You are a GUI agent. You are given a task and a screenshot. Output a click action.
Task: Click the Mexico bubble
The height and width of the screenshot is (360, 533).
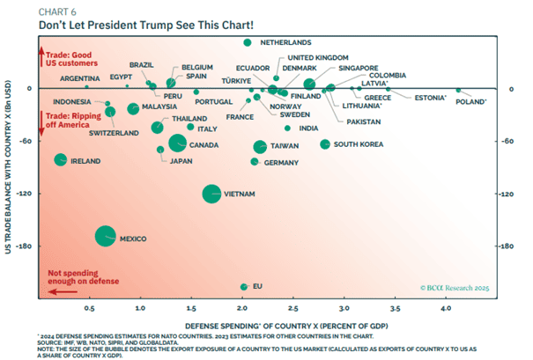(106, 236)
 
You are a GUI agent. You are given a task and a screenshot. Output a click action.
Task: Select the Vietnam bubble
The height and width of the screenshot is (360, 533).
(211, 194)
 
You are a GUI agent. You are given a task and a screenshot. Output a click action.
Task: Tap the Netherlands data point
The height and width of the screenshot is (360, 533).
(248, 42)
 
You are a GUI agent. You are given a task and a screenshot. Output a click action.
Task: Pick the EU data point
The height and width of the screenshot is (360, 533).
(243, 286)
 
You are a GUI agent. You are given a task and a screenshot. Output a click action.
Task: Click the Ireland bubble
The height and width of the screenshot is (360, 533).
(60, 160)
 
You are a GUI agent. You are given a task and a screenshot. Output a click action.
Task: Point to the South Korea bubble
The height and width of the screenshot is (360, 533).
(324, 143)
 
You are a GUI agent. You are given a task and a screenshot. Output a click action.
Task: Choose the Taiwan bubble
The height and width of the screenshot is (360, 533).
(260, 146)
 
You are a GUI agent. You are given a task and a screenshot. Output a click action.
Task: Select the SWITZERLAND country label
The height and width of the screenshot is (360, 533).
(114, 133)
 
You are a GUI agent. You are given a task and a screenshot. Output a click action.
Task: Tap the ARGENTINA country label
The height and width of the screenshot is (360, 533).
(79, 77)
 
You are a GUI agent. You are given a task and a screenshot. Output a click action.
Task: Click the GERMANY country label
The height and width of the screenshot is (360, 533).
(281, 163)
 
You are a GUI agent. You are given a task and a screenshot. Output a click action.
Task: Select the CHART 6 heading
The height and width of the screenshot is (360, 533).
(56, 10)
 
